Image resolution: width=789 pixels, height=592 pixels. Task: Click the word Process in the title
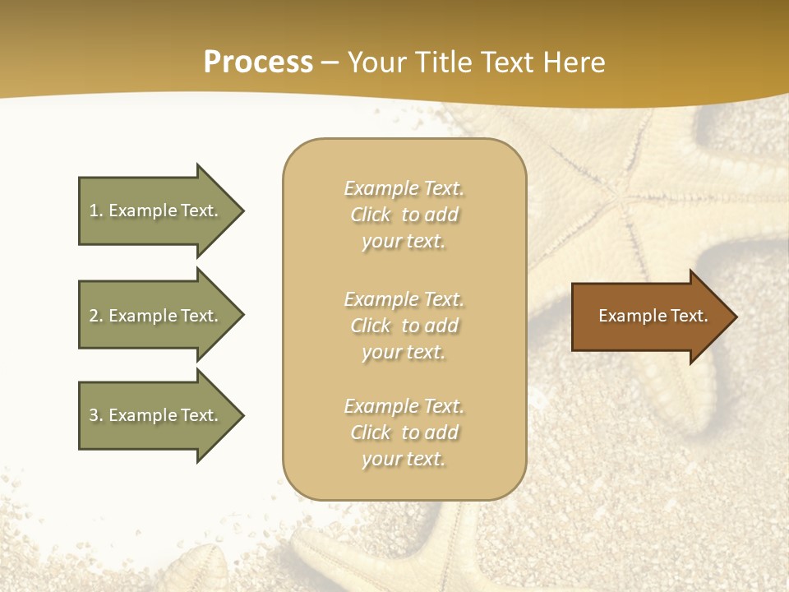point(258,62)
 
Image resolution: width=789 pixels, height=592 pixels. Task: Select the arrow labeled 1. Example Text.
point(156,210)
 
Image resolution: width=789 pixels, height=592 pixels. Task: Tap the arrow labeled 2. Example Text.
point(156,316)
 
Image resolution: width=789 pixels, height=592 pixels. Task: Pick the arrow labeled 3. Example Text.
point(156,415)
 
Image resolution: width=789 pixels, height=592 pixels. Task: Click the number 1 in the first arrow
point(94,210)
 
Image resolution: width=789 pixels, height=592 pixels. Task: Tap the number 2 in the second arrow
point(94,316)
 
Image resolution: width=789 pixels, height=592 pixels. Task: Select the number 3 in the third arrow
point(94,415)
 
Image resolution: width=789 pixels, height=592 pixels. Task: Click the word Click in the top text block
point(371,215)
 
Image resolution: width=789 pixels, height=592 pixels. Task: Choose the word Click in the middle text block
point(371,326)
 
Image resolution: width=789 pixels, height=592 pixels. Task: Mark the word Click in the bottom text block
point(371,432)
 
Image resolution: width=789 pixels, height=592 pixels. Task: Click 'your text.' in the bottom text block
point(404,459)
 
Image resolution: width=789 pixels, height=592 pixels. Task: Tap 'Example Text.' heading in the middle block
point(404,299)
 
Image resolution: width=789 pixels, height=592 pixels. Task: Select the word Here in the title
point(574,62)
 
